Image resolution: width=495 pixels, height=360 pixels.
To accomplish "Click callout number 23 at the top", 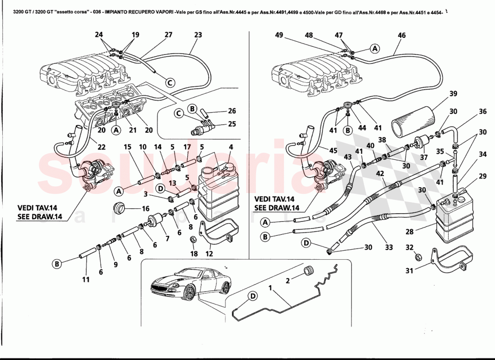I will (x=198, y=35).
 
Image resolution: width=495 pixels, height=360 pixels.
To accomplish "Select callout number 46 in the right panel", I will (x=402, y=35).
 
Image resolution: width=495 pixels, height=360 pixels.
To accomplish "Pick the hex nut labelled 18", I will (x=193, y=240).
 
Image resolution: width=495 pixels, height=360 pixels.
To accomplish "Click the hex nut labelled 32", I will (x=417, y=257).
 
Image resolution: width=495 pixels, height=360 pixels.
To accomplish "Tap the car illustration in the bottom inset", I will (x=190, y=284).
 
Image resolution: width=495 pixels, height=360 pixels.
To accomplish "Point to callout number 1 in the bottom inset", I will (x=270, y=286).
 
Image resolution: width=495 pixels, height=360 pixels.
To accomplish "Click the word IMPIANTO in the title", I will (x=119, y=12).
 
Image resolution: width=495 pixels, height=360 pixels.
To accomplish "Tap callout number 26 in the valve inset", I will (x=232, y=111).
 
